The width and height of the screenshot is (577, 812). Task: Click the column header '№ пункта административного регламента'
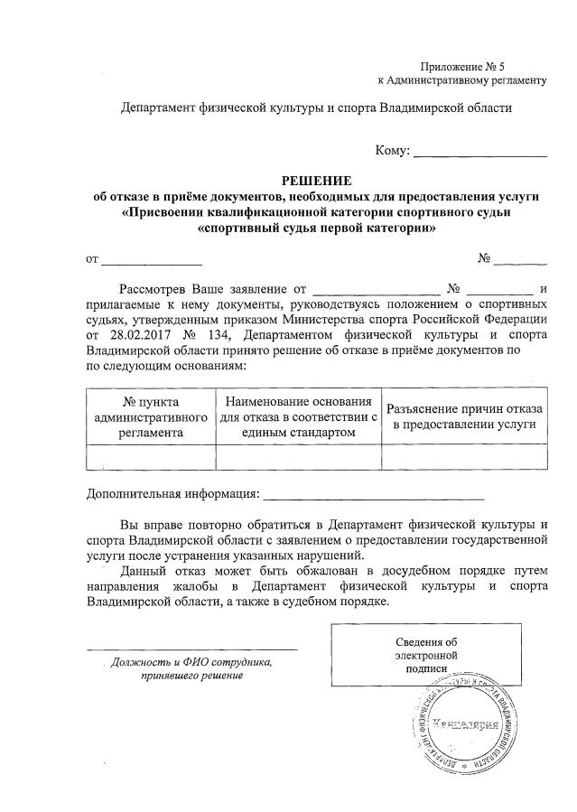(x=151, y=416)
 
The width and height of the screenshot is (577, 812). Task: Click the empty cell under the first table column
(x=151, y=457)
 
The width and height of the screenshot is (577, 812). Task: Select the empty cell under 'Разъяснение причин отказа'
(x=462, y=457)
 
